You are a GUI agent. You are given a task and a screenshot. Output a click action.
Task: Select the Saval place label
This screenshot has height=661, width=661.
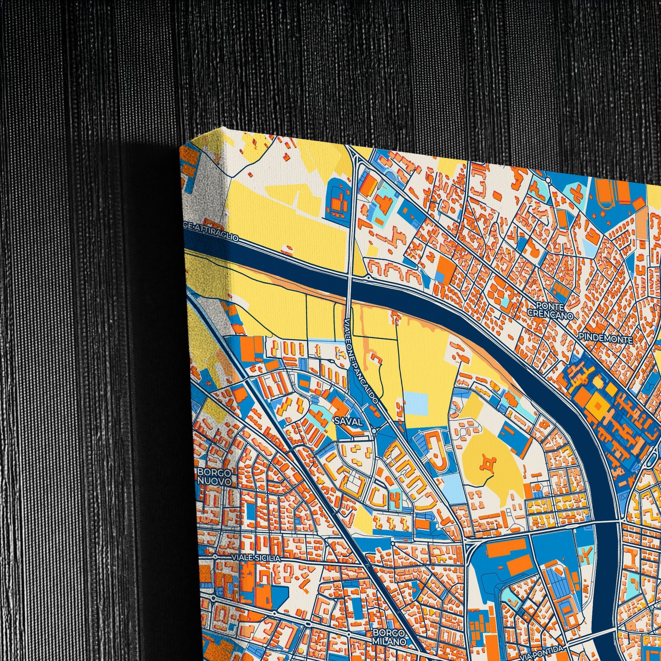click(x=348, y=422)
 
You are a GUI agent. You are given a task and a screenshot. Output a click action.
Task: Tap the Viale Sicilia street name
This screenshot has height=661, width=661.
click(x=255, y=558)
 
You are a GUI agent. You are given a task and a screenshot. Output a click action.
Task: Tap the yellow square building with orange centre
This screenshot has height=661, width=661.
click(x=598, y=406)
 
